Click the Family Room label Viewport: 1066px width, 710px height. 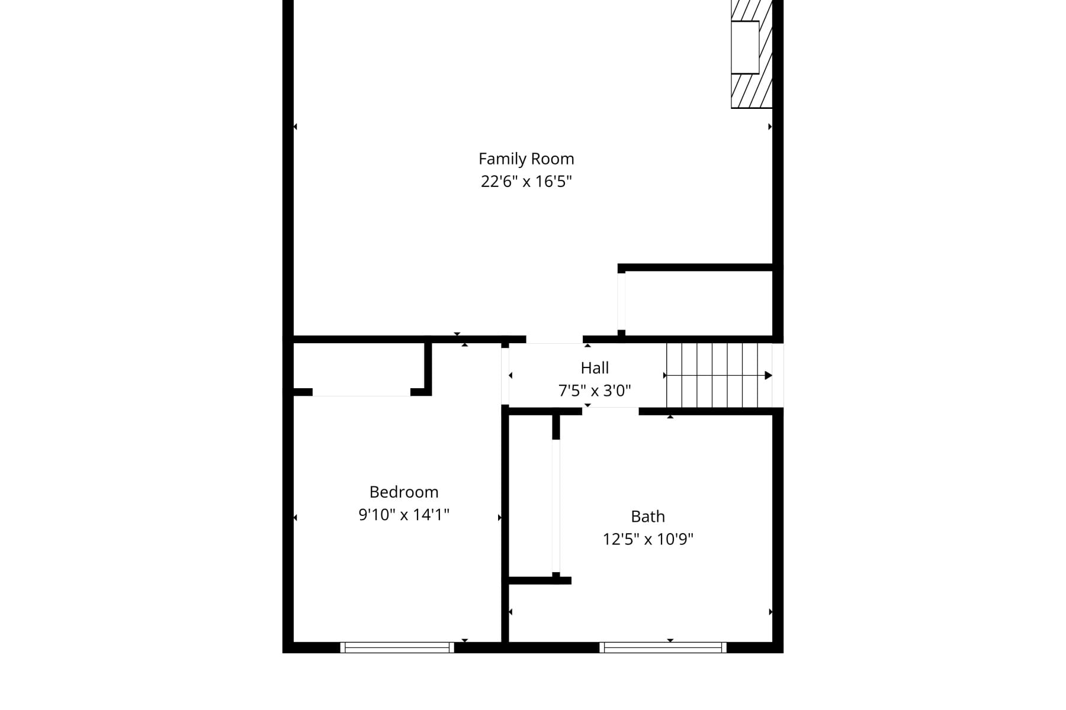tap(526, 159)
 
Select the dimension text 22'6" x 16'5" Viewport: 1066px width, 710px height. tap(526, 181)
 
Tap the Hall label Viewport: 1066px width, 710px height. tap(595, 368)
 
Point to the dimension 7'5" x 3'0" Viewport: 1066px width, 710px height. tap(595, 390)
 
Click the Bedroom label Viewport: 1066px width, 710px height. tap(404, 492)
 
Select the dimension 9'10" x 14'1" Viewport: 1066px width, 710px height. tap(404, 515)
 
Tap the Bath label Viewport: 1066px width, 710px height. tap(648, 517)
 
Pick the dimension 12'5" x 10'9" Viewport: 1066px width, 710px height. tap(648, 539)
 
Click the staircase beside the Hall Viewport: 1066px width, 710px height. tap(719, 375)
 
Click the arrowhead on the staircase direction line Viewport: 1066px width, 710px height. tap(768, 375)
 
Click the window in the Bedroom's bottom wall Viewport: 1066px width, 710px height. tap(397, 647)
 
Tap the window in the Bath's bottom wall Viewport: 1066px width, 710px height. tap(663, 647)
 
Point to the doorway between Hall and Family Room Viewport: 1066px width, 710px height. tap(554, 340)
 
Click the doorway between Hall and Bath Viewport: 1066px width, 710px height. tap(610, 411)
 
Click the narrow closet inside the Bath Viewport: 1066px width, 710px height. tap(531, 497)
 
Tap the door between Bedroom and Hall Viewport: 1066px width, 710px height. tap(505, 376)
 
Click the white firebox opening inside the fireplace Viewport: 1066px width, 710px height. tap(745, 47)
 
